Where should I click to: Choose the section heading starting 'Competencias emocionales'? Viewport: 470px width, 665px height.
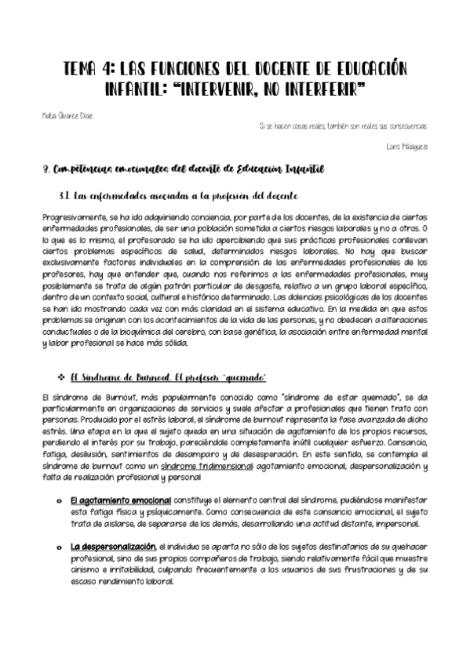click(184, 169)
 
